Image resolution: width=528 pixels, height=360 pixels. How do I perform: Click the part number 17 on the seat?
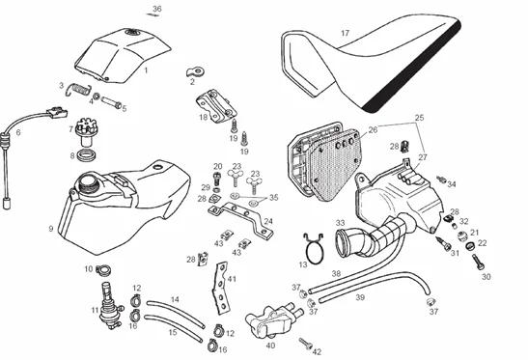[x=345, y=33]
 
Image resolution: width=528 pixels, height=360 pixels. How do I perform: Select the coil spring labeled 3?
[x=78, y=89]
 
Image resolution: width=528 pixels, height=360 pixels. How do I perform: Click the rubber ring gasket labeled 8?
[x=87, y=155]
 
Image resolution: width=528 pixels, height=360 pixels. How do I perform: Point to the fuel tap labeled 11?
[x=110, y=308]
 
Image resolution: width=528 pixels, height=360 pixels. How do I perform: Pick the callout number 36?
[x=157, y=9]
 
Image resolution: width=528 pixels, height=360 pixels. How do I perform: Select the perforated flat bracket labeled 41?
[x=221, y=289]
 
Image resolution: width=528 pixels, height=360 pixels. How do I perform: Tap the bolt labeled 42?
[x=306, y=344]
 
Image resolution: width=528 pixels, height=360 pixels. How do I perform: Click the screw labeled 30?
[x=479, y=262]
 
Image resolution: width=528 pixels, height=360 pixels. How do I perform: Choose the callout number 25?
[x=419, y=118]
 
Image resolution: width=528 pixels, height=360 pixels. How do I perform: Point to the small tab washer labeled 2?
[x=196, y=71]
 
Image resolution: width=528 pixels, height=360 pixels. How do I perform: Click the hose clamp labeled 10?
[x=103, y=269]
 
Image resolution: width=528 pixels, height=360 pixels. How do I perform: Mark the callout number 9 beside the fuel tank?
[x=51, y=229]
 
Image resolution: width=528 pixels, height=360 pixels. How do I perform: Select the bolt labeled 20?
[x=217, y=179]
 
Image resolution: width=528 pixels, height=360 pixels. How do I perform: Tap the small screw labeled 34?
[x=441, y=180]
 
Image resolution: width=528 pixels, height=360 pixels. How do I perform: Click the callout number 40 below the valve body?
[x=270, y=346]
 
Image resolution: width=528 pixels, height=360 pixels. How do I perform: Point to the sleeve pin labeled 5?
[x=111, y=102]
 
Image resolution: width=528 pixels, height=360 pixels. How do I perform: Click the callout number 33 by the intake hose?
[x=341, y=223]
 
